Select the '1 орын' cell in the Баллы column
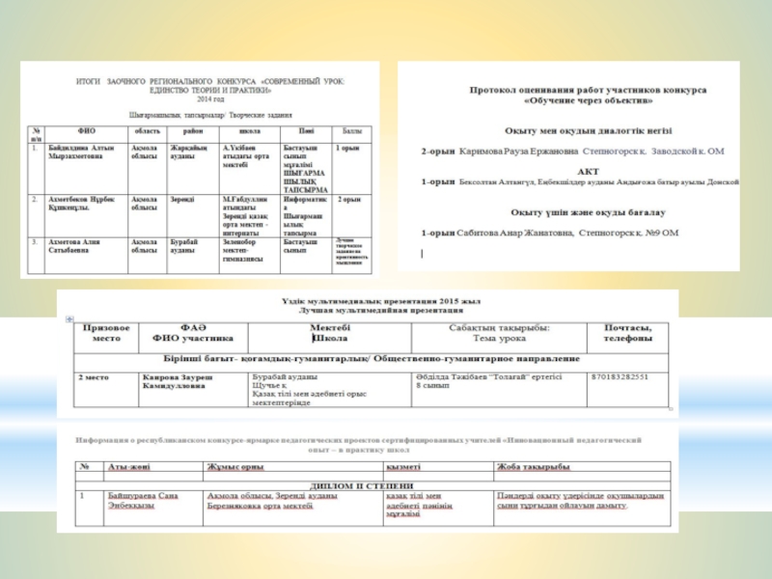pos(347,148)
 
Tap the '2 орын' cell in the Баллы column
pos(349,200)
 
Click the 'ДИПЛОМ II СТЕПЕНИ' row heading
pos(363,485)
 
